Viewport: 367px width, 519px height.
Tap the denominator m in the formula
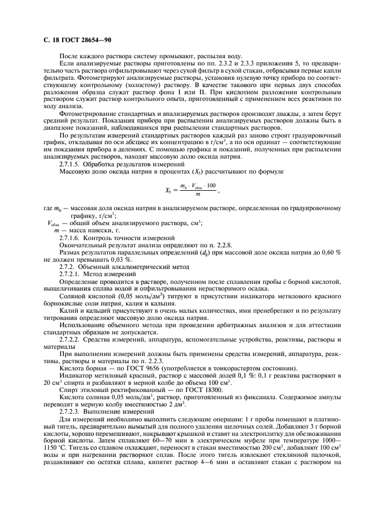[x=198, y=195]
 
